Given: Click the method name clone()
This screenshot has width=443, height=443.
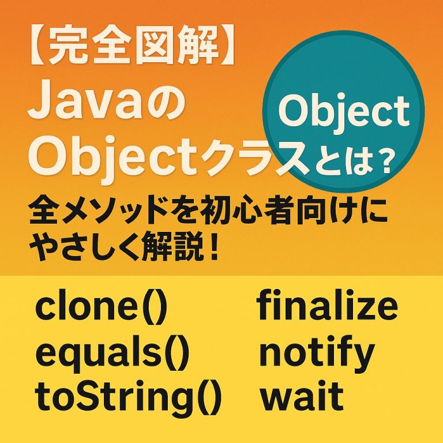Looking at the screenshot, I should click(x=102, y=307).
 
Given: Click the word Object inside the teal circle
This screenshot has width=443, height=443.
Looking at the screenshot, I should click(x=344, y=113).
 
